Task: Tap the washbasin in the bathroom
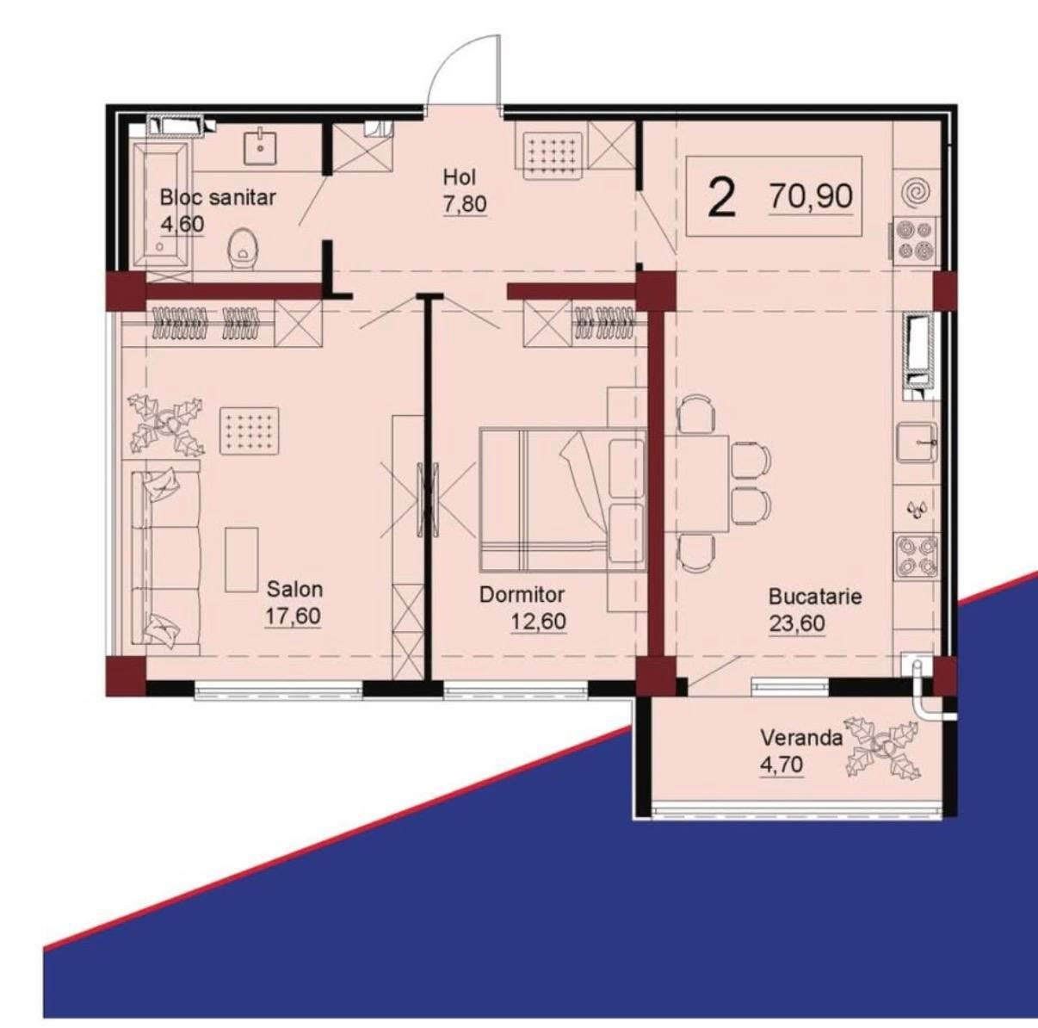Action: click(262, 146)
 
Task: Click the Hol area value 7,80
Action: click(466, 204)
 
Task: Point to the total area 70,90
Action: click(812, 195)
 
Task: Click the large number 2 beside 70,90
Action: click(722, 197)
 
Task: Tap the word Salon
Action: click(294, 589)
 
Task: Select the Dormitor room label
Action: click(522, 595)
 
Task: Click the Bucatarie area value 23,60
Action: click(797, 623)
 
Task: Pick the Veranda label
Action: click(801, 738)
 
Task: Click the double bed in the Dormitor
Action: click(563, 499)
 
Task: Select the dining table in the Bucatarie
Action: click(697, 483)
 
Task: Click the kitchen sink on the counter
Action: click(917, 442)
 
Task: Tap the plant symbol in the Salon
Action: click(165, 423)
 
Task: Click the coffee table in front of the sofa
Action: click(241, 560)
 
